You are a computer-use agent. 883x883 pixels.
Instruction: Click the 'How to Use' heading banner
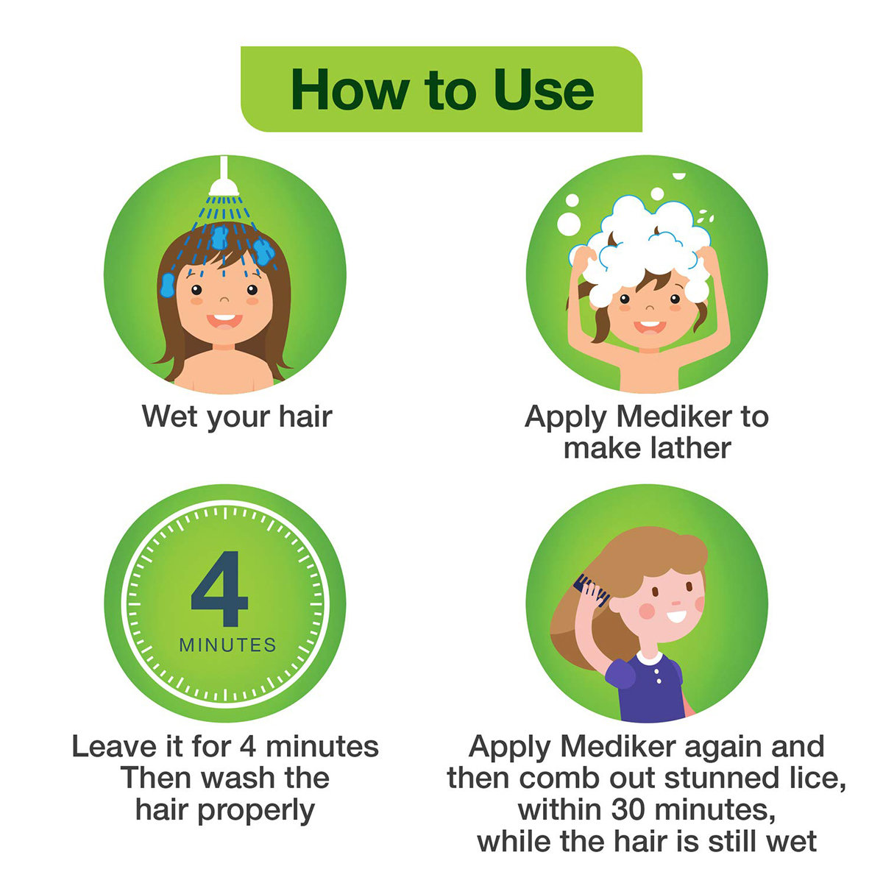coord(441,89)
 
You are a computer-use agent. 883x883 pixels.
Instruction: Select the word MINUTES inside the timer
coord(228,645)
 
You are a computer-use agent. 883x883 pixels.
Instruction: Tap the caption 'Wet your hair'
coord(237,416)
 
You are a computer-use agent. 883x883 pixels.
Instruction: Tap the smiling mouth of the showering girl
coord(224,320)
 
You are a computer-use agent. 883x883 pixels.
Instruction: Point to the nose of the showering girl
coord(224,301)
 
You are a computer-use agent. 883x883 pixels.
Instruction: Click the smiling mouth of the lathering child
coord(648,325)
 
